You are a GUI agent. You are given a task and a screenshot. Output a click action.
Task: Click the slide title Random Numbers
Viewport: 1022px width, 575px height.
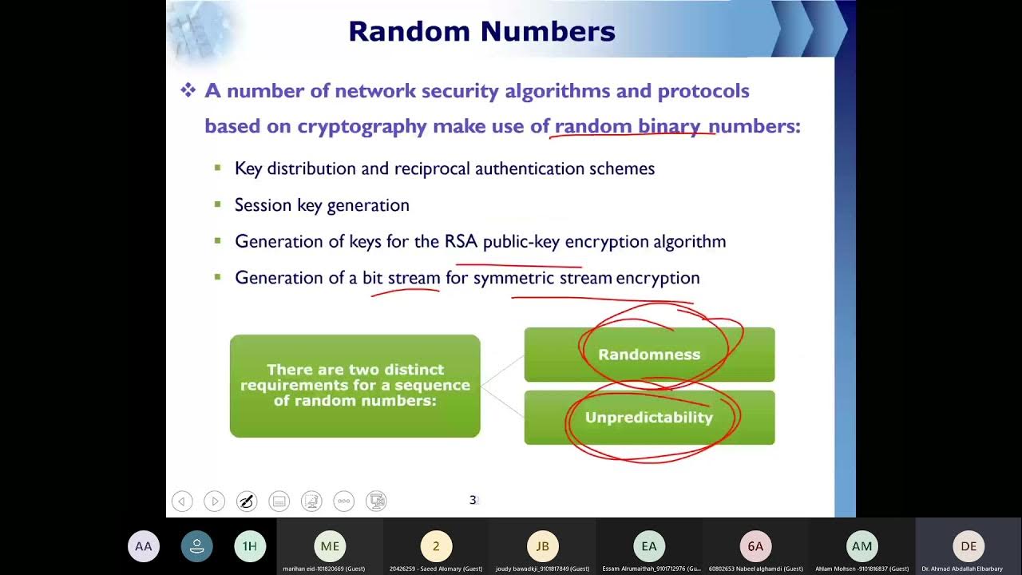(481, 31)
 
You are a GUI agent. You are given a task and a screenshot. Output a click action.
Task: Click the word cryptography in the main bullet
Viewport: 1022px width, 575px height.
(362, 126)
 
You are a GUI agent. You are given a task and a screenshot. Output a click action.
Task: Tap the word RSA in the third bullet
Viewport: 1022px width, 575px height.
(461, 241)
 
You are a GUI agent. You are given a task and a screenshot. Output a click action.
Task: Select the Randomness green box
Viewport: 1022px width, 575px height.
(649, 355)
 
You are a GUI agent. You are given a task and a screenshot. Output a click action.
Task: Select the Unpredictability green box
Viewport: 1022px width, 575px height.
(649, 418)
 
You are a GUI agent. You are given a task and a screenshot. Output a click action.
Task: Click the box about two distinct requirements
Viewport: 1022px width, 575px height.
(355, 386)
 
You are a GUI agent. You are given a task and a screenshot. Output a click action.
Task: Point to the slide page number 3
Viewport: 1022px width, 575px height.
(473, 500)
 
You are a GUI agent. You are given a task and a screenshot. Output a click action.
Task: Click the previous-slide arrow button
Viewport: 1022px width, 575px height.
(182, 502)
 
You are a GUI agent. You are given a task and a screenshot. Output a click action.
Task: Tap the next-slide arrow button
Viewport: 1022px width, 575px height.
(214, 502)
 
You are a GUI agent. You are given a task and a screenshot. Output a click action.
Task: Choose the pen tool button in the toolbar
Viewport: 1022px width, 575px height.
(247, 502)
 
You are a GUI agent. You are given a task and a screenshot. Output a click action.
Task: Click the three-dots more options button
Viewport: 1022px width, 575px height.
(344, 502)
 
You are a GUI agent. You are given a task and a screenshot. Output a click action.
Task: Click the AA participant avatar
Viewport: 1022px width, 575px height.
(144, 546)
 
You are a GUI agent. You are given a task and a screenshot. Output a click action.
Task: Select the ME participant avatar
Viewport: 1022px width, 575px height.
(330, 546)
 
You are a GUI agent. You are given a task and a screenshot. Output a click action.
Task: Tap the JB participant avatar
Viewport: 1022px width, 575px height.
(542, 546)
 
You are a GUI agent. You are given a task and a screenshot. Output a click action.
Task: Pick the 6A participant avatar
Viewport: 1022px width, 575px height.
(755, 546)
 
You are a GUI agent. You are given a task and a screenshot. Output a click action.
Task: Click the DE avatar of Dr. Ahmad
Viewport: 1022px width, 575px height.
(969, 546)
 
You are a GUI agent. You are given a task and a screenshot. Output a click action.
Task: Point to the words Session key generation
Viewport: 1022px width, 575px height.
(322, 205)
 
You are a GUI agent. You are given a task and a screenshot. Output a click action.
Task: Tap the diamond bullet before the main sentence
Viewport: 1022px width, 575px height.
(188, 91)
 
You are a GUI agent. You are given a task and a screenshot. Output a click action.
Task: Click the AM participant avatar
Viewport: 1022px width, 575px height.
(862, 546)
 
